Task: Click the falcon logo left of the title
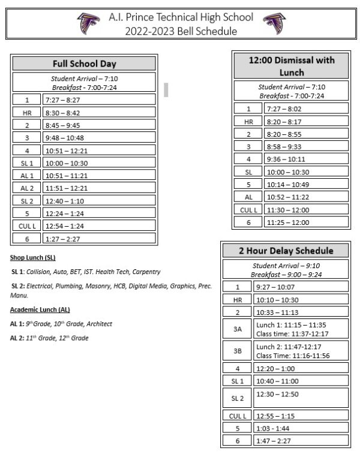(88, 24)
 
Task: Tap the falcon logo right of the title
(274, 24)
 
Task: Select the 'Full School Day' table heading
(84, 64)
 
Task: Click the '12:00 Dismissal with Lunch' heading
(292, 65)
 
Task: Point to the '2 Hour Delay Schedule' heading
(286, 250)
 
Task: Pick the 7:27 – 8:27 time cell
(99, 100)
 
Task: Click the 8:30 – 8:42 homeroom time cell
(99, 112)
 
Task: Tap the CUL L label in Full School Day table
(26, 226)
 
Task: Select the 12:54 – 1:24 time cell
(99, 226)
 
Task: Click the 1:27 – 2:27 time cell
(99, 239)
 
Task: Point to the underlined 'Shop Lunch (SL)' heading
(32, 257)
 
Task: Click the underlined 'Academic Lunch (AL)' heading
(40, 309)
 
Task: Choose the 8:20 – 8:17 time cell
(306, 121)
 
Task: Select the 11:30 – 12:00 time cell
(306, 209)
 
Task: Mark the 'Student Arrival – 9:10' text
(286, 264)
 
